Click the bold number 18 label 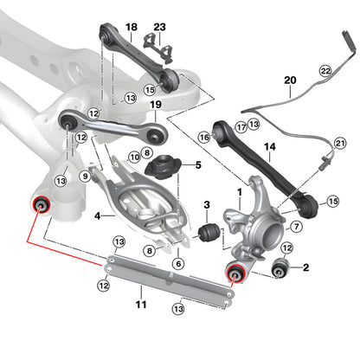[131, 28]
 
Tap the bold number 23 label [159, 28]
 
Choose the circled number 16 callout [204, 137]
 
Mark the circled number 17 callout [241, 126]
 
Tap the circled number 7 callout [295, 227]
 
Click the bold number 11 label [141, 304]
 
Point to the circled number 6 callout [178, 263]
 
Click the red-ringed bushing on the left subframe [39, 205]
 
